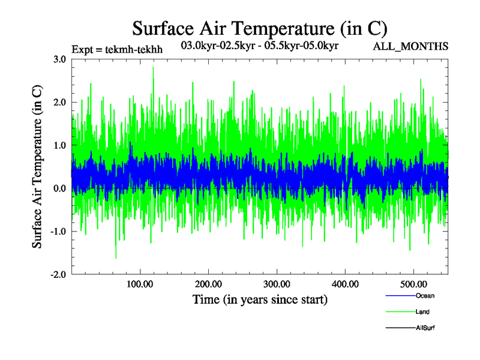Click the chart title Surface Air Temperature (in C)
click(260, 28)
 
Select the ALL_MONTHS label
click(411, 46)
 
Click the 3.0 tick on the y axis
click(59, 59)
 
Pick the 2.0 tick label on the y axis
click(59, 103)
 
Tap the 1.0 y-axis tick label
click(59, 145)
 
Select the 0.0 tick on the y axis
click(59, 188)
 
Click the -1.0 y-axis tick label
click(58, 232)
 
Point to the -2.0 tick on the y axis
click(58, 274)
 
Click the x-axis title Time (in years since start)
click(260, 299)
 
